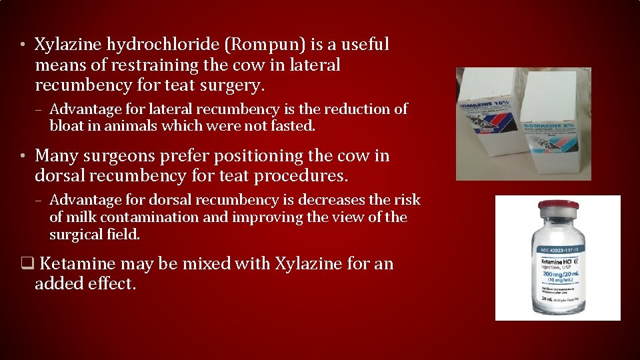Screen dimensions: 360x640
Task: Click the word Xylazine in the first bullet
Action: (67, 45)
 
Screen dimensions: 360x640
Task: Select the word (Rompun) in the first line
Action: (266, 45)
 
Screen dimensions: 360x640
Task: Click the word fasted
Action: (293, 126)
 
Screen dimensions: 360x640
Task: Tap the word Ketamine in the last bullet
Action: (74, 264)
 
